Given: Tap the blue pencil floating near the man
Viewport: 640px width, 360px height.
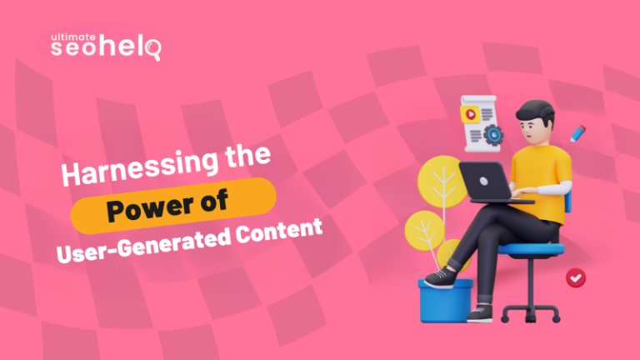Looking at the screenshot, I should click(x=577, y=132).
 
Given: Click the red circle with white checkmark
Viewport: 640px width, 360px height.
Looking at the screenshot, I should click(x=573, y=277).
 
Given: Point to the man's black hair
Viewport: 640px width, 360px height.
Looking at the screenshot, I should click(x=532, y=111).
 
